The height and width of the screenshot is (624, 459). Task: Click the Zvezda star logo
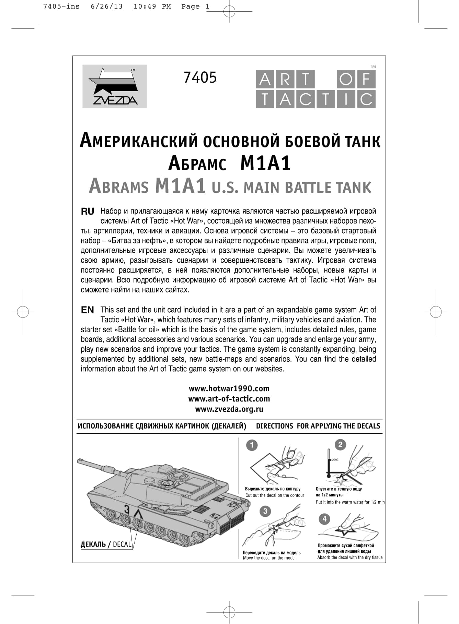click(114, 86)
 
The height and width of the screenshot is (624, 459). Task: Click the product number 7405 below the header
click(200, 77)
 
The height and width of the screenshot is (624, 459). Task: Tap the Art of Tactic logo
click(315, 89)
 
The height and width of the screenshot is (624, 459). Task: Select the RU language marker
click(88, 212)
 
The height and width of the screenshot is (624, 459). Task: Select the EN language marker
click(88, 310)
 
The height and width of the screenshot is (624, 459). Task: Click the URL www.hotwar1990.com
click(229, 388)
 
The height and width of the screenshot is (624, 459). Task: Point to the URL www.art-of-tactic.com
click(229, 399)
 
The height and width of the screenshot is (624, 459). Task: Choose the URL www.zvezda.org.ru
click(229, 409)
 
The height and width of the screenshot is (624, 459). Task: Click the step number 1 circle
click(252, 445)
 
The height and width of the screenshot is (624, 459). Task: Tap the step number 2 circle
click(340, 445)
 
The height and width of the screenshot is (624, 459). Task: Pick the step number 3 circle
click(265, 511)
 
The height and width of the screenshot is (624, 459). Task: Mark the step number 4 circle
click(324, 519)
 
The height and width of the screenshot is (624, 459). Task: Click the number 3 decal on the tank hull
click(127, 510)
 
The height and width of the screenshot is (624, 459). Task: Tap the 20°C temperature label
click(335, 460)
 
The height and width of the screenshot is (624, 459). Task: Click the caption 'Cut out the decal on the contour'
click(275, 495)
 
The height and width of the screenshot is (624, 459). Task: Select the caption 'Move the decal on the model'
click(269, 558)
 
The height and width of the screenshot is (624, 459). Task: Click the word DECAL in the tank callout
click(122, 544)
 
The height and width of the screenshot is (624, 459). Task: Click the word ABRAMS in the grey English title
click(119, 187)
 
